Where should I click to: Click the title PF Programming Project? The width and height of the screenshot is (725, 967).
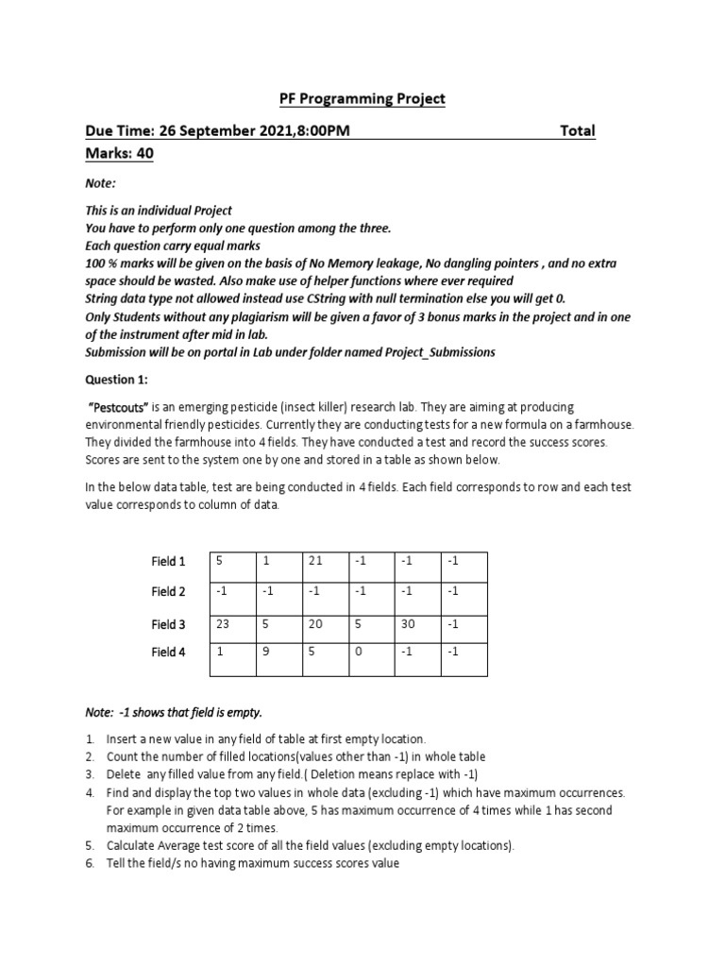[x=362, y=99]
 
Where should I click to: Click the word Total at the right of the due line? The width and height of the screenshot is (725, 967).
[x=578, y=130]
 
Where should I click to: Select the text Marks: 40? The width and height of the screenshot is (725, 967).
[x=119, y=153]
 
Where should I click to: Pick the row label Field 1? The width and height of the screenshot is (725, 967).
[x=169, y=562]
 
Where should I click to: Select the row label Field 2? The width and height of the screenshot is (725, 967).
[x=169, y=592]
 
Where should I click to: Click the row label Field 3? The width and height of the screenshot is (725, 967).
[x=169, y=624]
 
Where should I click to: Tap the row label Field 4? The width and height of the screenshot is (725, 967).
[x=169, y=652]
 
